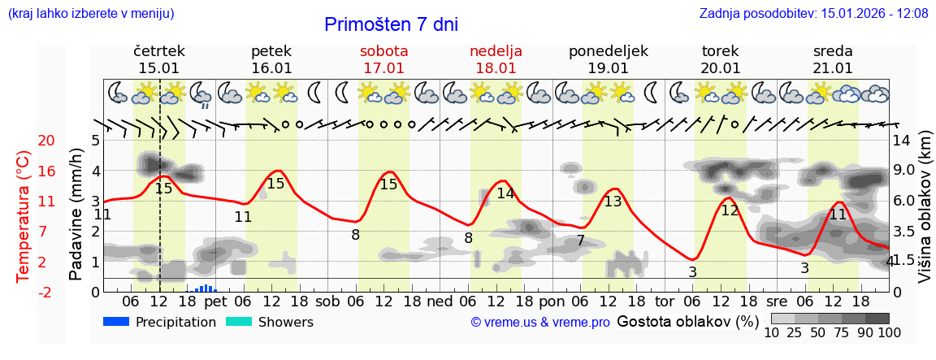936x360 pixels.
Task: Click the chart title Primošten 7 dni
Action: point(391,24)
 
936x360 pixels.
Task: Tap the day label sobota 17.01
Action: point(383,59)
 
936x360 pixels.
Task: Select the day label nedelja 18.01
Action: point(496,59)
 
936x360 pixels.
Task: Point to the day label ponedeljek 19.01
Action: point(609,59)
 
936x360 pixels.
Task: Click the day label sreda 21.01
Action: point(833,59)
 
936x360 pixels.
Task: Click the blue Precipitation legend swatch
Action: point(117,322)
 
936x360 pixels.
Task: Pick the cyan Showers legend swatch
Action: point(239,322)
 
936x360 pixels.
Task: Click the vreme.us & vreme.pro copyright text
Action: point(540,322)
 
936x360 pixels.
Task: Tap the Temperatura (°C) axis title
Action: point(24,215)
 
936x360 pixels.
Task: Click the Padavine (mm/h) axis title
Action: point(76,215)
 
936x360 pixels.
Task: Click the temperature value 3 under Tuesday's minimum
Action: point(692,272)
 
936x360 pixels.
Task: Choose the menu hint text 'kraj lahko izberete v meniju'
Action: point(90,13)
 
